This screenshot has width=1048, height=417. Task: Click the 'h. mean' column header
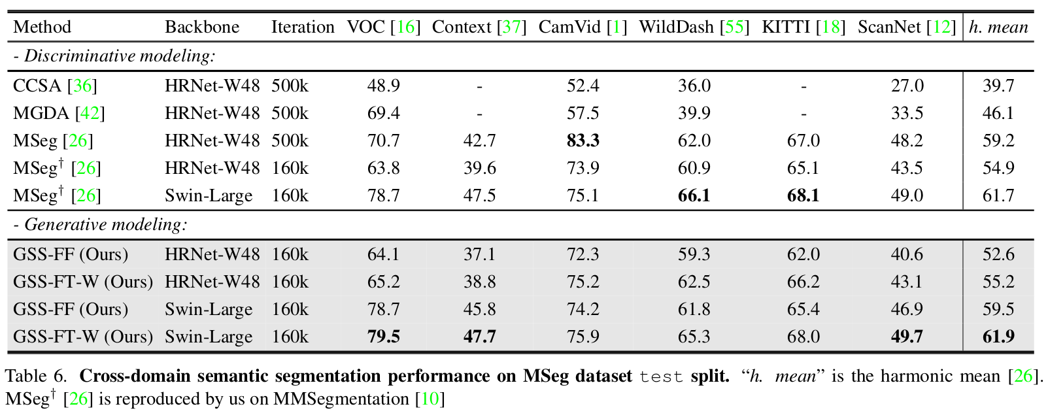pyautogui.click(x=998, y=27)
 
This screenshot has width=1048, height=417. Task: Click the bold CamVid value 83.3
pyautogui.click(x=583, y=141)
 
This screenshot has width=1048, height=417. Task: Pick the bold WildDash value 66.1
pyautogui.click(x=694, y=195)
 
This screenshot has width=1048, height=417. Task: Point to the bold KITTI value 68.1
pyautogui.click(x=803, y=195)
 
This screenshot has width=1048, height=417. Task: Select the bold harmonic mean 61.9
pyautogui.click(x=998, y=337)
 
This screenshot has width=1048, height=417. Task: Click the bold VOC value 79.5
pyautogui.click(x=384, y=337)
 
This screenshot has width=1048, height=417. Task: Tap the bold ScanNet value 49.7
pyautogui.click(x=907, y=337)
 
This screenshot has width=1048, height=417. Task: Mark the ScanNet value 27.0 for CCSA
pyautogui.click(x=907, y=86)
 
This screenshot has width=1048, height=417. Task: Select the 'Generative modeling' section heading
pyautogui.click(x=101, y=225)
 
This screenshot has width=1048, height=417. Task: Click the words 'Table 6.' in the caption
pyautogui.click(x=36, y=376)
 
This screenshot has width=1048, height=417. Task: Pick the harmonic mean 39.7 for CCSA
pyautogui.click(x=998, y=86)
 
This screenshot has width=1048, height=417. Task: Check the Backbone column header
pyautogui.click(x=202, y=27)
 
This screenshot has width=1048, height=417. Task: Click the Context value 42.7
pyautogui.click(x=480, y=141)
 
